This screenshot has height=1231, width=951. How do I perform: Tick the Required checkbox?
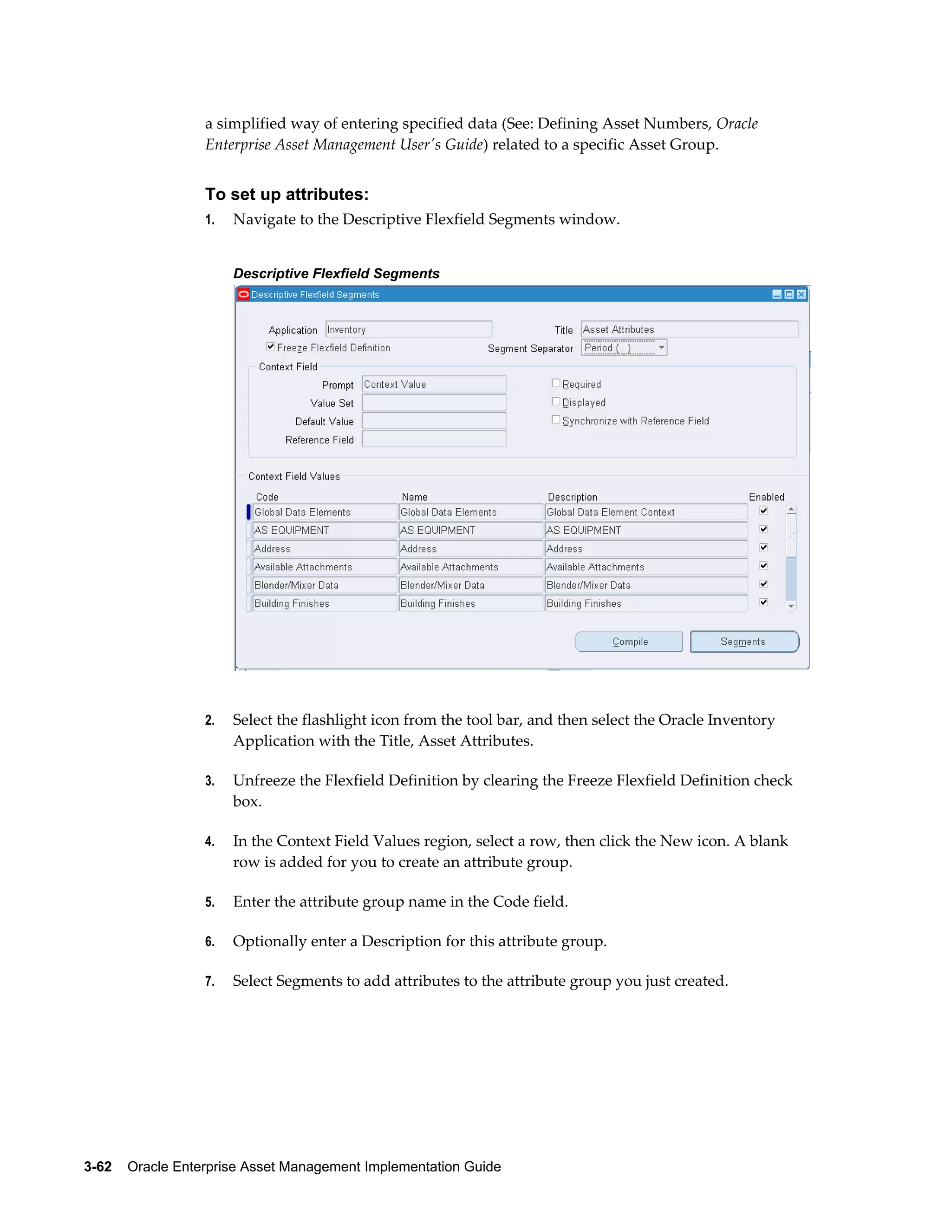point(555,383)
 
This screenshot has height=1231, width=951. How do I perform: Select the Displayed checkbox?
point(555,401)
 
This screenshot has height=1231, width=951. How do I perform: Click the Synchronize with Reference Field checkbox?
point(555,420)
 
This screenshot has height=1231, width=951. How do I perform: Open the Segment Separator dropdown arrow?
point(661,347)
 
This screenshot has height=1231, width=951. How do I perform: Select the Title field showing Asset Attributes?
point(689,329)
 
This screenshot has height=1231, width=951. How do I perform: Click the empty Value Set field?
point(434,402)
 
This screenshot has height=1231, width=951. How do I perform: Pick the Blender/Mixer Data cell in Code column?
point(324,585)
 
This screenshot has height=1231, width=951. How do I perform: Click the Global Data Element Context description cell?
point(645,512)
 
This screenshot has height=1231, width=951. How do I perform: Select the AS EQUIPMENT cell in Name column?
point(470,530)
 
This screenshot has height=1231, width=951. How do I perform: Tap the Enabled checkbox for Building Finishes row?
point(763,602)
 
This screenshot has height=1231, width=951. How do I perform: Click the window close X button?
point(801,294)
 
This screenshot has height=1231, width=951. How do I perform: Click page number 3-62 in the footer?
point(98,1167)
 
